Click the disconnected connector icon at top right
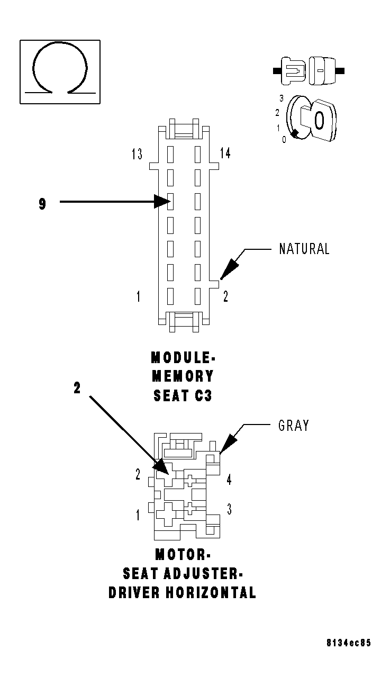click(309, 70)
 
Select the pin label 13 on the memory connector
click(137, 154)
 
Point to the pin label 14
click(225, 154)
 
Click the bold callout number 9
click(42, 204)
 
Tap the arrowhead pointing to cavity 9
click(161, 202)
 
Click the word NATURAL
click(304, 249)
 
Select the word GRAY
click(294, 426)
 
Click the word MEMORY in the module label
click(183, 376)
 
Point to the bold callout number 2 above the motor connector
click(77, 389)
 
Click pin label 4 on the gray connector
click(229, 480)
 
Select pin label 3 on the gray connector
click(229, 509)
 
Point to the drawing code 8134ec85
click(348, 643)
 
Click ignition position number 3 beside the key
click(282, 98)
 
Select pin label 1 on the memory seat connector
click(138, 296)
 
